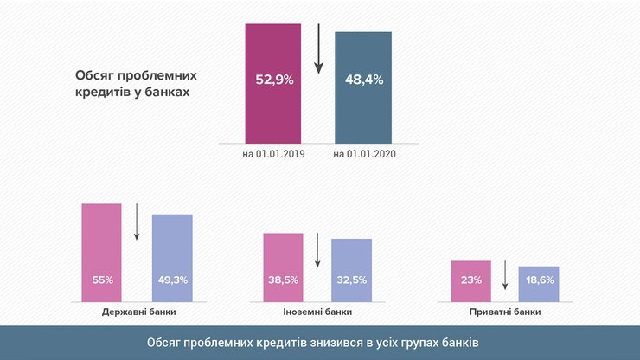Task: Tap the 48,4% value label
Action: point(363,80)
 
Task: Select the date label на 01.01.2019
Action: point(272,154)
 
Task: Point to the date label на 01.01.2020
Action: point(363,154)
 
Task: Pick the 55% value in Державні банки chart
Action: point(102,280)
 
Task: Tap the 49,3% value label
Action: point(172,280)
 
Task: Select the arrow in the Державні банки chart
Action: point(137,223)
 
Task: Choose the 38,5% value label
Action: point(283,280)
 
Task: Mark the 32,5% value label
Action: point(351,280)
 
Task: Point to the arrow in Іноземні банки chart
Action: point(317,250)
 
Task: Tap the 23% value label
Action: point(470,280)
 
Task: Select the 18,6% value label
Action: point(539,280)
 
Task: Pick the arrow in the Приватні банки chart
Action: point(505,275)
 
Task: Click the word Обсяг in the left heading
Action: point(95,74)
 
